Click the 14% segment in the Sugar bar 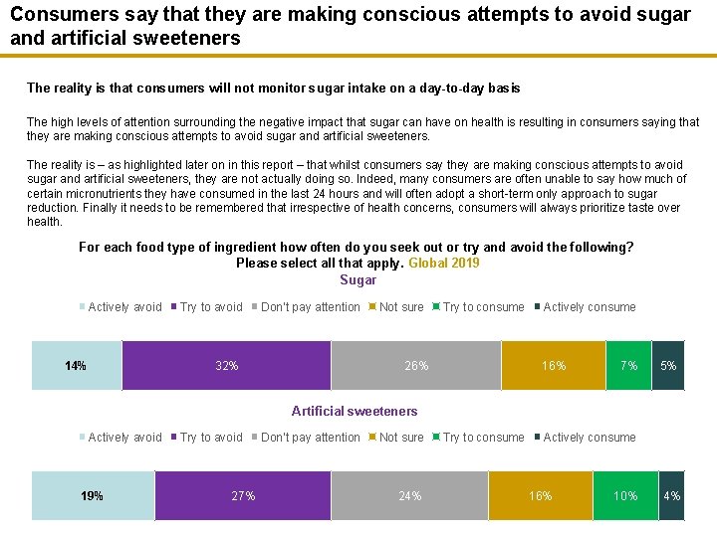point(76,365)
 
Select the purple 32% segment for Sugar point(226,365)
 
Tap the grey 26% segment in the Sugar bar point(415,365)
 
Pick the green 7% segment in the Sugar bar point(628,365)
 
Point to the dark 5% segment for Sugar point(668,365)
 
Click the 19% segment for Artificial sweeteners point(93,495)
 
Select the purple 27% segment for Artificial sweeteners point(243,495)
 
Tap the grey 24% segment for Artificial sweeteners point(409,495)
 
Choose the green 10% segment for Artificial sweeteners point(625,495)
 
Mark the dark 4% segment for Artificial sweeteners point(672,495)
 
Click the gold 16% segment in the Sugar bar point(553,365)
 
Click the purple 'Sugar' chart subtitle point(358,280)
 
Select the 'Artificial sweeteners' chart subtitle point(355,411)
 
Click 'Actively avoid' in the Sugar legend point(124,307)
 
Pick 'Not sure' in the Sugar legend point(401,307)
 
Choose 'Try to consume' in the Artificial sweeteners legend point(483,438)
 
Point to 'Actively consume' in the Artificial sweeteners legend point(590,438)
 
